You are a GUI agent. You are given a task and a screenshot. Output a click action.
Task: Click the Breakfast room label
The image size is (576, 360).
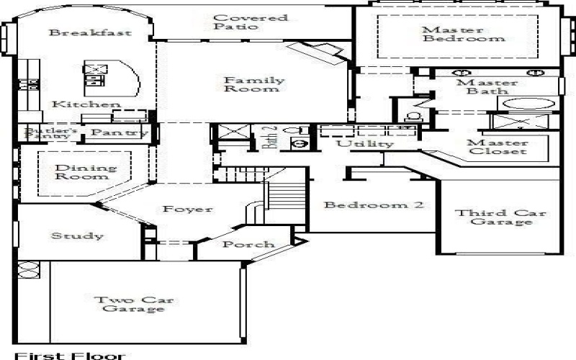80,33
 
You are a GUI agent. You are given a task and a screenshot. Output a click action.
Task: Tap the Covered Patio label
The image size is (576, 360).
240,22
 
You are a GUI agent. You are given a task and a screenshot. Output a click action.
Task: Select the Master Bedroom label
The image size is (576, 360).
454,34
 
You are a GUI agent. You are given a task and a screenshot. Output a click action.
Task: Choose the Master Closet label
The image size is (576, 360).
497,147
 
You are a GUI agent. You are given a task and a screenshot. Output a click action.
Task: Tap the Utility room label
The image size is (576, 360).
366,144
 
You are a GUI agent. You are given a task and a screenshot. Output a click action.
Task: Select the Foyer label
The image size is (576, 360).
187,210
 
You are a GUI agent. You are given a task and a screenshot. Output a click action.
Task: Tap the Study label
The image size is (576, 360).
77,235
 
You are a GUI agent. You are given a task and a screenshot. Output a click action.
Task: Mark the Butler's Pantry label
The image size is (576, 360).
48,133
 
